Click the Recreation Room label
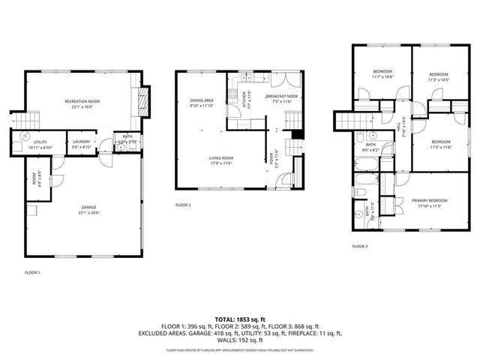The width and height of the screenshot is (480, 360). point(82,101)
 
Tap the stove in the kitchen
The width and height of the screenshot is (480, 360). point(234,96)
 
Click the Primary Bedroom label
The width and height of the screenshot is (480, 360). point(430,200)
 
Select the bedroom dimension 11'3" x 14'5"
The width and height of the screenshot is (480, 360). point(439,78)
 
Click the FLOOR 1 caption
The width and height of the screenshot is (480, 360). point(32,272)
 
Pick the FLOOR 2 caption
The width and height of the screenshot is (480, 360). point(184,205)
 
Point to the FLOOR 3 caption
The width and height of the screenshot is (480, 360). point(361,246)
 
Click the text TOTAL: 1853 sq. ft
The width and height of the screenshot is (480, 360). point(240,319)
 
